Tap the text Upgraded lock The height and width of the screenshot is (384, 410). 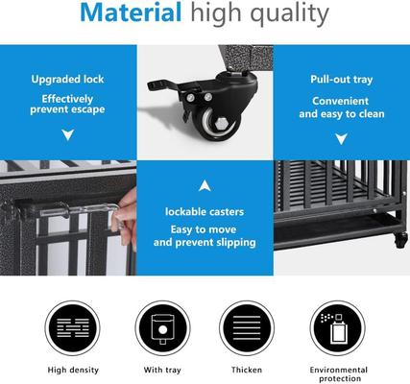coord(67,80)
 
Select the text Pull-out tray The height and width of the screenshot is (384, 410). coord(342,80)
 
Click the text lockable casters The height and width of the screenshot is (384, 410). coord(204,209)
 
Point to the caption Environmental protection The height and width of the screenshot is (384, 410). coord(337,373)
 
